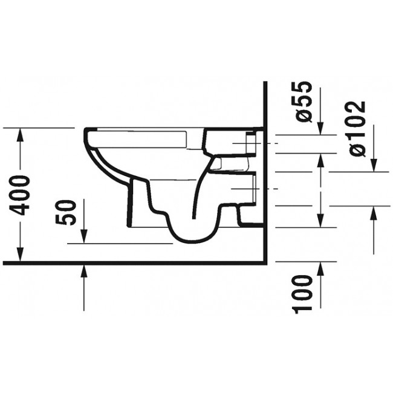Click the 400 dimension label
coord(21,195)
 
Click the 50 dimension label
coord(70,211)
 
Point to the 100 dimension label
coord(304,294)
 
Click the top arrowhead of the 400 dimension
coord(21,134)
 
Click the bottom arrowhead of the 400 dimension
coord(21,257)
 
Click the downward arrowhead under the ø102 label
coord(374,166)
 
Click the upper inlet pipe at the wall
coord(248,144)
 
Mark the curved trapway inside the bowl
coord(200,193)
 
